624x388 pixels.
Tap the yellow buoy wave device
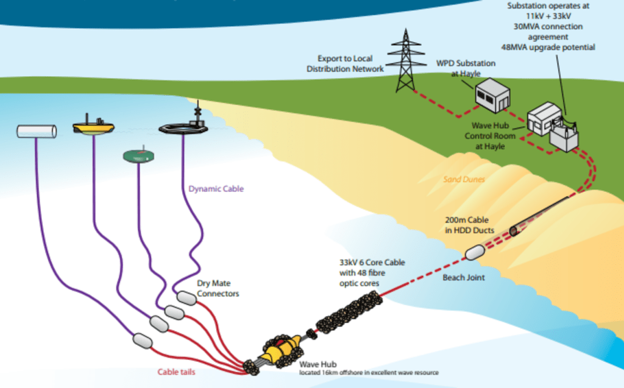point(93,127)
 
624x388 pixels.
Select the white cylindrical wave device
point(37,131)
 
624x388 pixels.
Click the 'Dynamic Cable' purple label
point(216,189)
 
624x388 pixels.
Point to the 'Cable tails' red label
point(177,372)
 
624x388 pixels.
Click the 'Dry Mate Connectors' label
point(218,289)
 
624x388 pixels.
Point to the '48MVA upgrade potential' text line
point(551,47)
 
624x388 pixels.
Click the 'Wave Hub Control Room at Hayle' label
point(490,136)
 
